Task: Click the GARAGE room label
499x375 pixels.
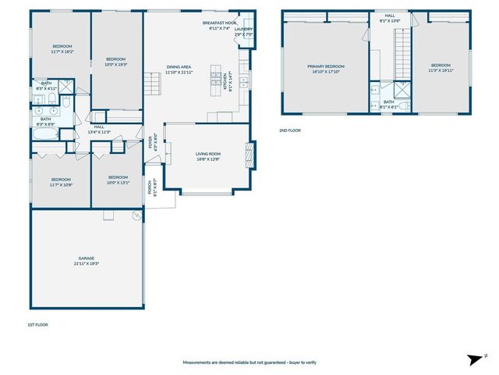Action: (86, 258)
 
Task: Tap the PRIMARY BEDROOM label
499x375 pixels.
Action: (325, 66)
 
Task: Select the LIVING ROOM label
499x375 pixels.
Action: (208, 154)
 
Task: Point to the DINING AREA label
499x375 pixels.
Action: (179, 66)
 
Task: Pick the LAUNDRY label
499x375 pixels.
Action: (244, 30)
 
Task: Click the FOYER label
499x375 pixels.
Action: (151, 142)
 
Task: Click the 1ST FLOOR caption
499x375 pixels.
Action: (37, 324)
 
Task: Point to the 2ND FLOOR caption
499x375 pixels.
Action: (289, 130)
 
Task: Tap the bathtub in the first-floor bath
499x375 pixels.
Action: (45, 134)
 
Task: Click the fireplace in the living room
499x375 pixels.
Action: (250, 154)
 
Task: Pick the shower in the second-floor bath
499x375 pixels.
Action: (402, 91)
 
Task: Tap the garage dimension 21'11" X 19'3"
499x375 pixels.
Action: (86, 263)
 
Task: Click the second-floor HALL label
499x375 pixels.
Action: (389, 16)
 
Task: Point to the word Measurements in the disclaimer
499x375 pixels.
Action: (199, 362)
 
